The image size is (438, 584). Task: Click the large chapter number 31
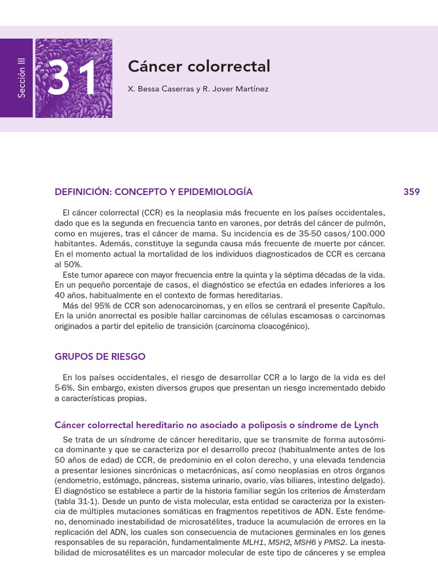pyautogui.click(x=73, y=79)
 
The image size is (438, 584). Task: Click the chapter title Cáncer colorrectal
pyautogui.click(x=198, y=67)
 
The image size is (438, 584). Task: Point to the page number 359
pyautogui.click(x=411, y=192)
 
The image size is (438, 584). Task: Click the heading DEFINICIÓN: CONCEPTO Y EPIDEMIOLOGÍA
pyautogui.click(x=153, y=192)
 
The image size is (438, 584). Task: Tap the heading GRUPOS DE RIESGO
pyautogui.click(x=100, y=357)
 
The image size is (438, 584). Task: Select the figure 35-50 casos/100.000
pyautogui.click(x=343, y=234)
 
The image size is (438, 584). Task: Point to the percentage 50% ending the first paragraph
pyautogui.click(x=68, y=265)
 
